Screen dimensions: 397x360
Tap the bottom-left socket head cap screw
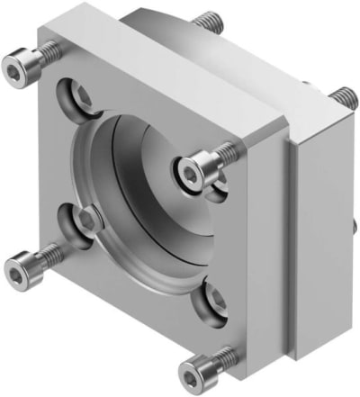tap(20, 266)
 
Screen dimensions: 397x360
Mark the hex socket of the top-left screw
tap(15, 65)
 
